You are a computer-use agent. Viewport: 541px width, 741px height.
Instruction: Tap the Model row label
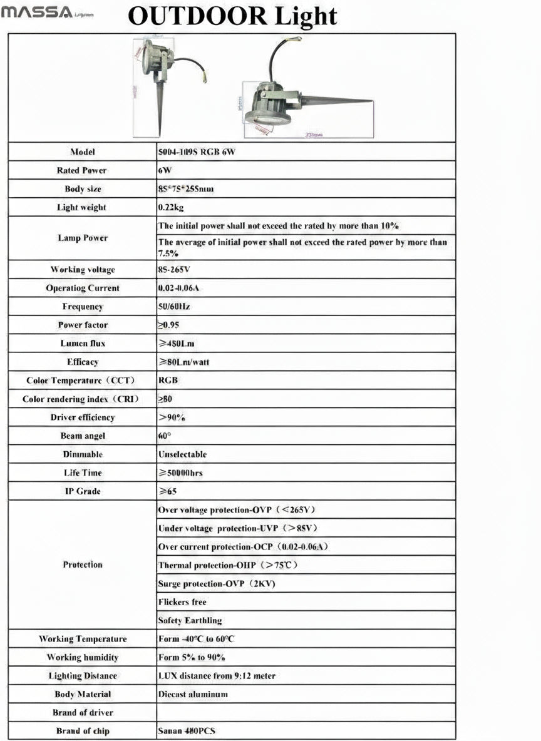click(x=82, y=152)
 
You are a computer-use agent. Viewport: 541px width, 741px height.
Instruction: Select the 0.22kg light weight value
click(x=171, y=207)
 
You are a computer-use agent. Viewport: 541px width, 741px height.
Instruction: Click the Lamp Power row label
click(x=82, y=238)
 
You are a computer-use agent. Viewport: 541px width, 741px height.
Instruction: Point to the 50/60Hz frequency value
click(x=174, y=307)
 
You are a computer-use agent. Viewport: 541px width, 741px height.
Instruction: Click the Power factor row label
click(x=82, y=325)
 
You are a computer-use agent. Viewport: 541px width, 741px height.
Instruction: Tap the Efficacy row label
click(x=82, y=362)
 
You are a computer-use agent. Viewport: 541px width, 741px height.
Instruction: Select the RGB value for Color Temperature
click(x=168, y=381)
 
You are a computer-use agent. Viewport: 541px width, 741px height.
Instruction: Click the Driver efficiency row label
click(x=82, y=417)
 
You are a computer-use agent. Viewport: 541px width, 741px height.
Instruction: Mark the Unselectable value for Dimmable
click(x=182, y=454)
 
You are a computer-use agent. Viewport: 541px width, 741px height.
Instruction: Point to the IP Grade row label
click(x=82, y=491)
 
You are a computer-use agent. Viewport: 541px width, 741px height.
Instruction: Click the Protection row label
click(x=82, y=565)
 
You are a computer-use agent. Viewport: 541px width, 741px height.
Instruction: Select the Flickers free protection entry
click(x=182, y=602)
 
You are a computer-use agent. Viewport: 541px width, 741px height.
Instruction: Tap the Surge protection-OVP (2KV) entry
click(x=217, y=584)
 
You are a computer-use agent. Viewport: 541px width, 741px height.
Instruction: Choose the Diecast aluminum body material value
click(x=193, y=694)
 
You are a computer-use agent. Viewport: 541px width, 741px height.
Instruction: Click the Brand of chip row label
click(x=82, y=731)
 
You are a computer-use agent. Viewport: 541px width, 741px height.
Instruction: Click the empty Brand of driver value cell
click(x=306, y=712)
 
